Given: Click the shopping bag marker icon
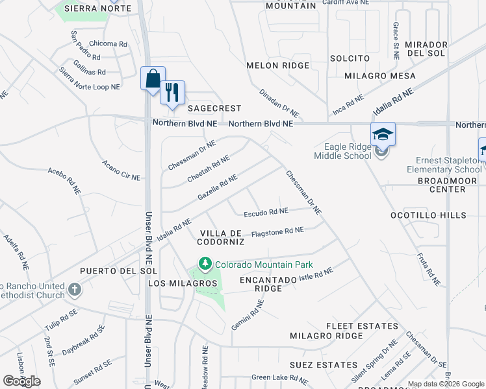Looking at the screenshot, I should [153, 79].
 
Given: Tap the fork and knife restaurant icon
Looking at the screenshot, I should [172, 92].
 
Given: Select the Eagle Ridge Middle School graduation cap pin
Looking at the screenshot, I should [383, 135].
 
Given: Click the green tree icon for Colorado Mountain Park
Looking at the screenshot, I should [205, 264].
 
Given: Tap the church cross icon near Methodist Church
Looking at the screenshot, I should [74, 290].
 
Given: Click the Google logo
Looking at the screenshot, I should [21, 381].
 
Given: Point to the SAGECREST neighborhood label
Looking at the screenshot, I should [214, 108].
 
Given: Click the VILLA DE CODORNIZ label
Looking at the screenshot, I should [222, 237].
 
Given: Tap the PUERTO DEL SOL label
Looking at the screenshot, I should [110, 270].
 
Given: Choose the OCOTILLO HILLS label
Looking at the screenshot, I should [428, 215].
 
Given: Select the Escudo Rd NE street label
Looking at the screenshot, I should [266, 212].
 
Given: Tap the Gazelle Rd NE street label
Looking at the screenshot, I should [217, 188].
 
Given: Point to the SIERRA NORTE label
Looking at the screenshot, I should [97, 8].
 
